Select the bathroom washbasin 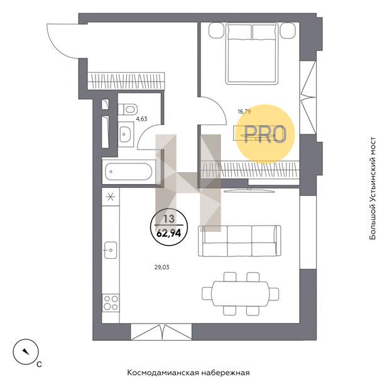[x=126, y=134]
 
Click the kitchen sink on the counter [x=111, y=250]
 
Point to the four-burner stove [x=111, y=303]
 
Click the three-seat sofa [x=239, y=241]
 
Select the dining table [x=241, y=293]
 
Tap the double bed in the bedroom [x=252, y=53]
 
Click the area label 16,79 [x=244, y=112]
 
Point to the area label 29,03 [x=162, y=267]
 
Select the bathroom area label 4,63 [x=141, y=119]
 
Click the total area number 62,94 [x=169, y=232]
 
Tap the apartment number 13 [x=169, y=219]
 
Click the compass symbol [x=26, y=352]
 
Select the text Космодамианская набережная [x=188, y=373]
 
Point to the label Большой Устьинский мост [x=373, y=188]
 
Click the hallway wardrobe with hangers [x=126, y=81]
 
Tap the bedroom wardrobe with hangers [x=250, y=170]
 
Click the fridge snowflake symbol [x=111, y=197]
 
